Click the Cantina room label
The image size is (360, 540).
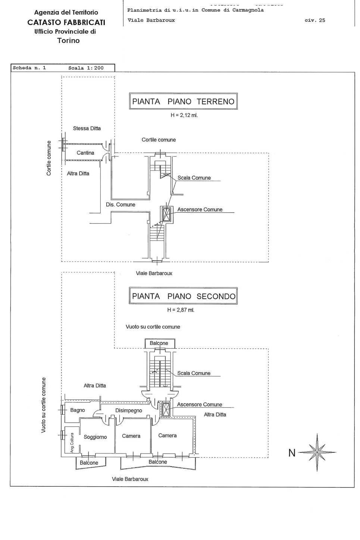click(85, 153)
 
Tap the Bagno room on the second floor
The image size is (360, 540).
click(78, 410)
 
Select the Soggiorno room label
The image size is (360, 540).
click(95, 437)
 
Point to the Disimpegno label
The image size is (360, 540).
click(129, 411)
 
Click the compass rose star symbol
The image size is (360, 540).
click(317, 452)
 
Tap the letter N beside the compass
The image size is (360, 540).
click(292, 453)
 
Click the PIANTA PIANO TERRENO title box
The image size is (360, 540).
click(183, 101)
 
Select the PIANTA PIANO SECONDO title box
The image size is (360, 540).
click(184, 296)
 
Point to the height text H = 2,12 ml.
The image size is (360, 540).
click(184, 115)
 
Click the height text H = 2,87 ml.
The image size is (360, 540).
click(181, 310)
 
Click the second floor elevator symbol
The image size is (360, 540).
click(165, 409)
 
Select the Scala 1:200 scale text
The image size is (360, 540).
click(86, 68)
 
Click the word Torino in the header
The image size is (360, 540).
click(68, 41)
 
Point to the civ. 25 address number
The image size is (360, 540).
click(315, 21)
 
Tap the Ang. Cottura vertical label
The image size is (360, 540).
click(72, 443)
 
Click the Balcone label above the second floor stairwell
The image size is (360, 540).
click(159, 343)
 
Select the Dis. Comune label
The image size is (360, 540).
click(120, 205)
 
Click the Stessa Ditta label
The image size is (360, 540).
click(87, 128)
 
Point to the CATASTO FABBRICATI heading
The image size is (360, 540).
click(66, 22)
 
